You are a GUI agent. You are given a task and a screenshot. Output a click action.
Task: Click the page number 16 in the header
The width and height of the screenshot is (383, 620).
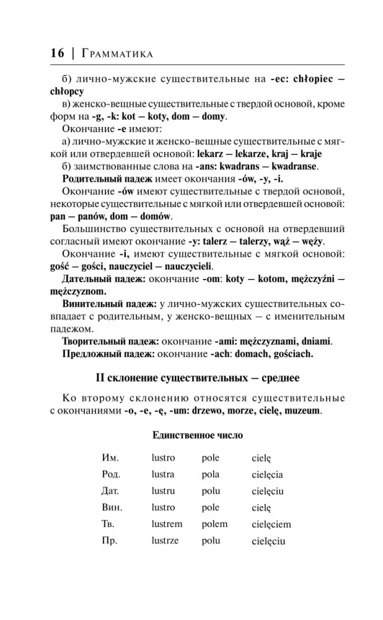57,53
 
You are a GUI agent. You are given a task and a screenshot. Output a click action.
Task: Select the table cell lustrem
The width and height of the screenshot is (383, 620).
168,524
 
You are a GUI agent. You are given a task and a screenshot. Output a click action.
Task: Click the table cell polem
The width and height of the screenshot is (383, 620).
214,524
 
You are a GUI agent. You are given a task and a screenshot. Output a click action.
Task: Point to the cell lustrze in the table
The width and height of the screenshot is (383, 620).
165,541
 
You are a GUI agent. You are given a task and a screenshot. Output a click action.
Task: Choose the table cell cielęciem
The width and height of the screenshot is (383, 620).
271,525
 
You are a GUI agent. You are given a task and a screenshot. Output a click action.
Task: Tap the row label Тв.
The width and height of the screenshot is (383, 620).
108,524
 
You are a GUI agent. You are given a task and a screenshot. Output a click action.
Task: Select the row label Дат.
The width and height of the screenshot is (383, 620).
110,491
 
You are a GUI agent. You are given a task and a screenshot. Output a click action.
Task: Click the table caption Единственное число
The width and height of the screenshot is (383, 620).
198,435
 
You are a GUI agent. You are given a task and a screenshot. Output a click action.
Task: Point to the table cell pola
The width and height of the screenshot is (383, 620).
211,474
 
